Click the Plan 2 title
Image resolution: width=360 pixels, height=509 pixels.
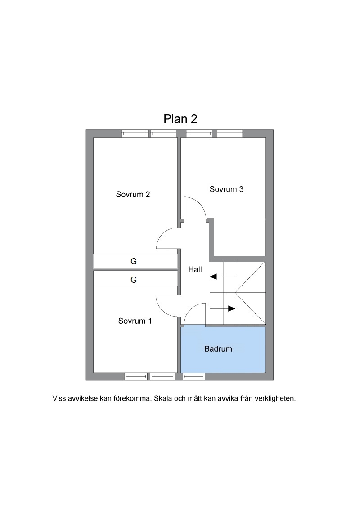click(x=180, y=119)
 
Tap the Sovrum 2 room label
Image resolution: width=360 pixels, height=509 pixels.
click(x=133, y=194)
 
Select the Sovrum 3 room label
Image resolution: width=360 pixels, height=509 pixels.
click(x=226, y=189)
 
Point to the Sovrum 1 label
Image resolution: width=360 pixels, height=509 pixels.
click(x=135, y=321)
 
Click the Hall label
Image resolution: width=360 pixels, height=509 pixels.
click(x=195, y=269)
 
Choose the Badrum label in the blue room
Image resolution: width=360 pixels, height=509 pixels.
click(x=218, y=349)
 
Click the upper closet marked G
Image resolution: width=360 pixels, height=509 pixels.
click(x=134, y=261)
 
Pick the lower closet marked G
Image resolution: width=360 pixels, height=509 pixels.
click(x=134, y=280)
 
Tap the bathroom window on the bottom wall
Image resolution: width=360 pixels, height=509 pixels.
click(x=194, y=376)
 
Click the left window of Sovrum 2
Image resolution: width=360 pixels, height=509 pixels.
click(x=135, y=134)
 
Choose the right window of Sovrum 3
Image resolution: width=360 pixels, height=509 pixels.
click(x=230, y=134)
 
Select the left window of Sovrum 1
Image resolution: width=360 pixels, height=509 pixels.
click(x=136, y=376)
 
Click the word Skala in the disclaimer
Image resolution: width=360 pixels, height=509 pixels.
click(x=163, y=398)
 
